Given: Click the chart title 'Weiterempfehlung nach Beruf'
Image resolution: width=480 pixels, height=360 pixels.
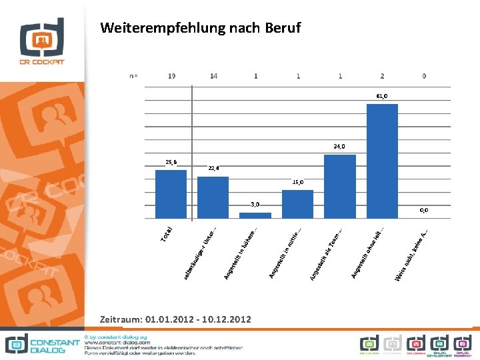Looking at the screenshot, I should [x=200, y=28].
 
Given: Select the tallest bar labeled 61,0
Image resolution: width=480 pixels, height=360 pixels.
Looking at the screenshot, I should [x=382, y=161].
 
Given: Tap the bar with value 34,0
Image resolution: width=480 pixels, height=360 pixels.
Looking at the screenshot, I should [x=340, y=186].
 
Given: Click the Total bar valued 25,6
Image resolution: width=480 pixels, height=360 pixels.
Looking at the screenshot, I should [x=171, y=194].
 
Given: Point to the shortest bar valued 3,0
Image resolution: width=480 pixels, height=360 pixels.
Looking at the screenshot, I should [x=255, y=215].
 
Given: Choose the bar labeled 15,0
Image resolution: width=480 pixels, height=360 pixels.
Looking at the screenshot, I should [x=297, y=204].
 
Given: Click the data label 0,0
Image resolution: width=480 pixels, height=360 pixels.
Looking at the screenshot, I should [x=424, y=210].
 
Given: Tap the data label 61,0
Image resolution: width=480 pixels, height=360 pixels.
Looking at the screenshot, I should [x=382, y=97].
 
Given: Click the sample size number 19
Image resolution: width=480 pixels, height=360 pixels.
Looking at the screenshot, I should [x=172, y=76].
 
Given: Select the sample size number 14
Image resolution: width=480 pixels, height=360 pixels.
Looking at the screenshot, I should [x=213, y=76].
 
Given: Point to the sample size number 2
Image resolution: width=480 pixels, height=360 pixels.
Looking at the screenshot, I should [x=382, y=76].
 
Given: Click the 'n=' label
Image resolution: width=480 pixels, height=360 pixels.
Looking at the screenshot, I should [x=133, y=76].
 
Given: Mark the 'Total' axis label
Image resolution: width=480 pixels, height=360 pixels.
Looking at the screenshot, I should [x=168, y=234].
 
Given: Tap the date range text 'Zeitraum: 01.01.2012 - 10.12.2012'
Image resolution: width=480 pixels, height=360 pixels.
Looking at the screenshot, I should [x=175, y=320].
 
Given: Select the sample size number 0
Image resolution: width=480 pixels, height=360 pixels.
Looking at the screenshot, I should [x=424, y=76].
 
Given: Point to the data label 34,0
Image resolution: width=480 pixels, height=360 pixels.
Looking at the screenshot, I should [x=340, y=147].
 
